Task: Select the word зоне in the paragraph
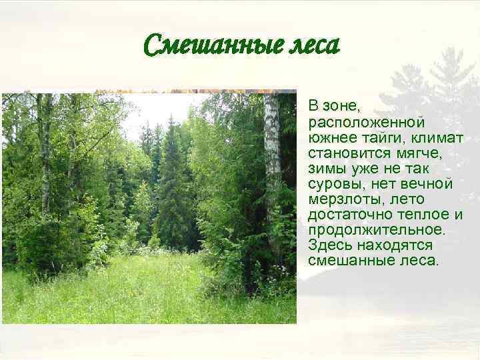[x=339, y=106]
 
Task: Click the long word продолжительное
[x=375, y=229]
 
